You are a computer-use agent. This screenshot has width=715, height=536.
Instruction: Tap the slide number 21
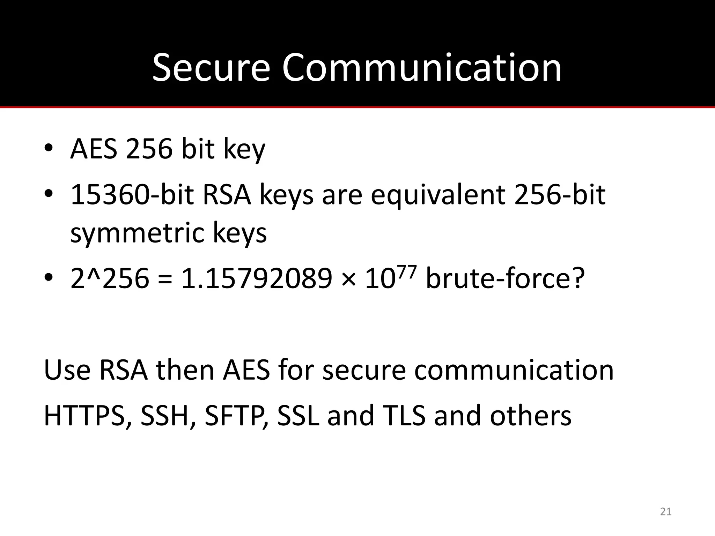(x=666, y=512)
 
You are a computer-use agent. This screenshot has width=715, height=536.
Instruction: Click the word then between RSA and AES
(x=185, y=370)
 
